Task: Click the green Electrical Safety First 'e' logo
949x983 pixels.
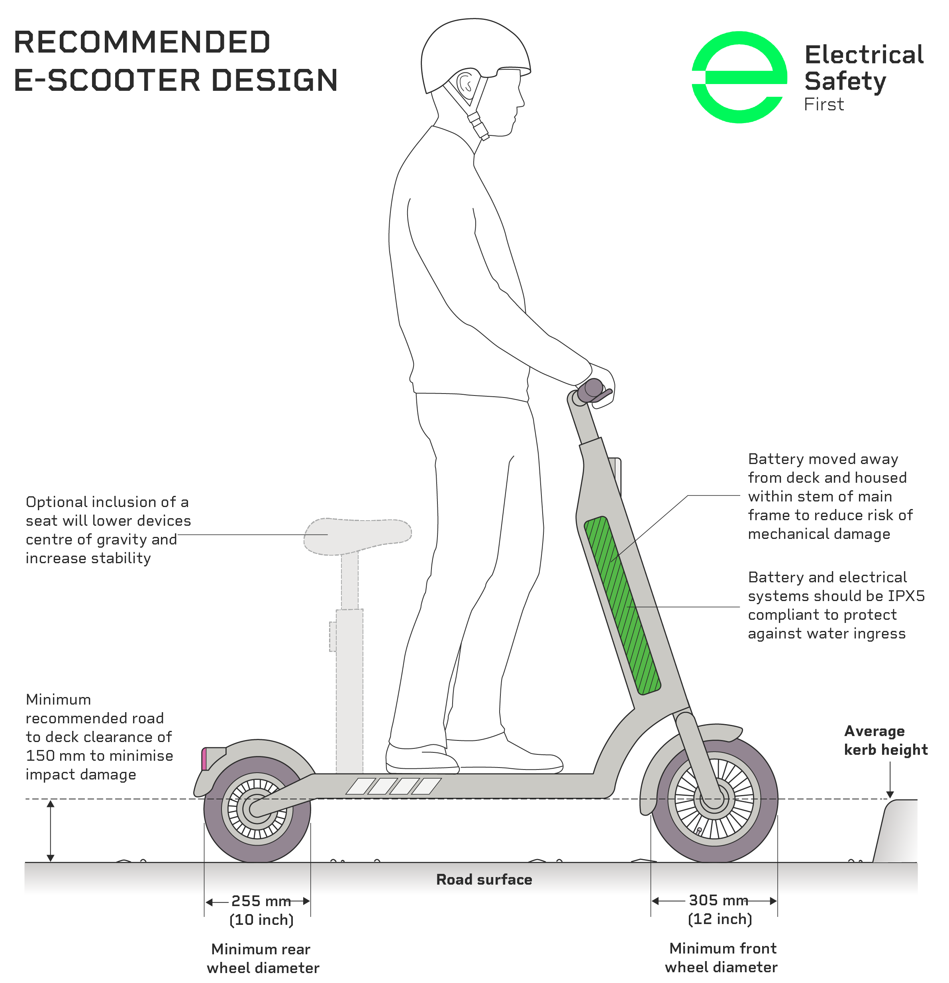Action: point(739,77)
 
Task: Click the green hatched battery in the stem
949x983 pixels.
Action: point(622,605)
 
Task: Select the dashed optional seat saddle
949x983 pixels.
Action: point(358,536)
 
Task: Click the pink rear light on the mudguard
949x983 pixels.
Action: point(204,759)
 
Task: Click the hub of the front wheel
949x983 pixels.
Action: point(714,799)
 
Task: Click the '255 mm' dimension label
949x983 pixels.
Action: point(261,901)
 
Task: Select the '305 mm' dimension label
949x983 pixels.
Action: point(718,900)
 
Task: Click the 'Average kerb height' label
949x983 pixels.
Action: point(886,740)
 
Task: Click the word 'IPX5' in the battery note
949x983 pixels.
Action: point(906,596)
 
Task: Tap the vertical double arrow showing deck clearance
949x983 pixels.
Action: point(50,830)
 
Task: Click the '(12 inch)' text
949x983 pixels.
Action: point(720,919)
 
